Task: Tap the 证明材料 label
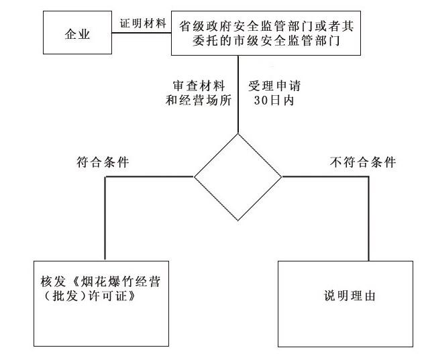point(143,22)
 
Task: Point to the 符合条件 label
point(104,163)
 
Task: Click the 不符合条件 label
point(363,163)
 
